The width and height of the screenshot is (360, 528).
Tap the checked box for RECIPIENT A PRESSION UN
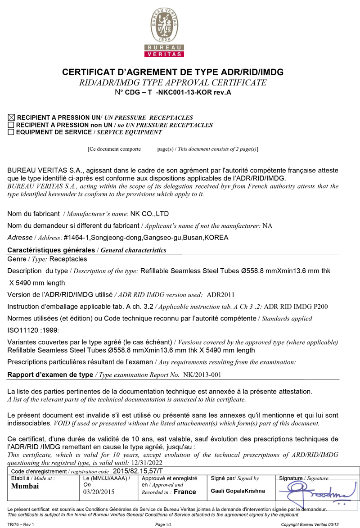point(11,117)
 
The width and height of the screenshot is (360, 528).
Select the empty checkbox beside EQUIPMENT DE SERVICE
point(11,132)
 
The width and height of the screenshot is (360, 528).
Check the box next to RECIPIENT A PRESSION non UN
point(11,125)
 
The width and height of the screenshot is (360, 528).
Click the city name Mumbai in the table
point(25,486)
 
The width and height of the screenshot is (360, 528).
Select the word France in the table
point(184,492)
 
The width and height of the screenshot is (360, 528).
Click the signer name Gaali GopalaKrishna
point(238,491)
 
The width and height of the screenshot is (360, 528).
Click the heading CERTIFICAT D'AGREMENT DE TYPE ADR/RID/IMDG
point(173,72)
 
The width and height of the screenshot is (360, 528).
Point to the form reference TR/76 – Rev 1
point(21,524)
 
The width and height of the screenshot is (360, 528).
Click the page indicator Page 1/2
point(163,524)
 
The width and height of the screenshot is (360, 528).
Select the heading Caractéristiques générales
point(51,250)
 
